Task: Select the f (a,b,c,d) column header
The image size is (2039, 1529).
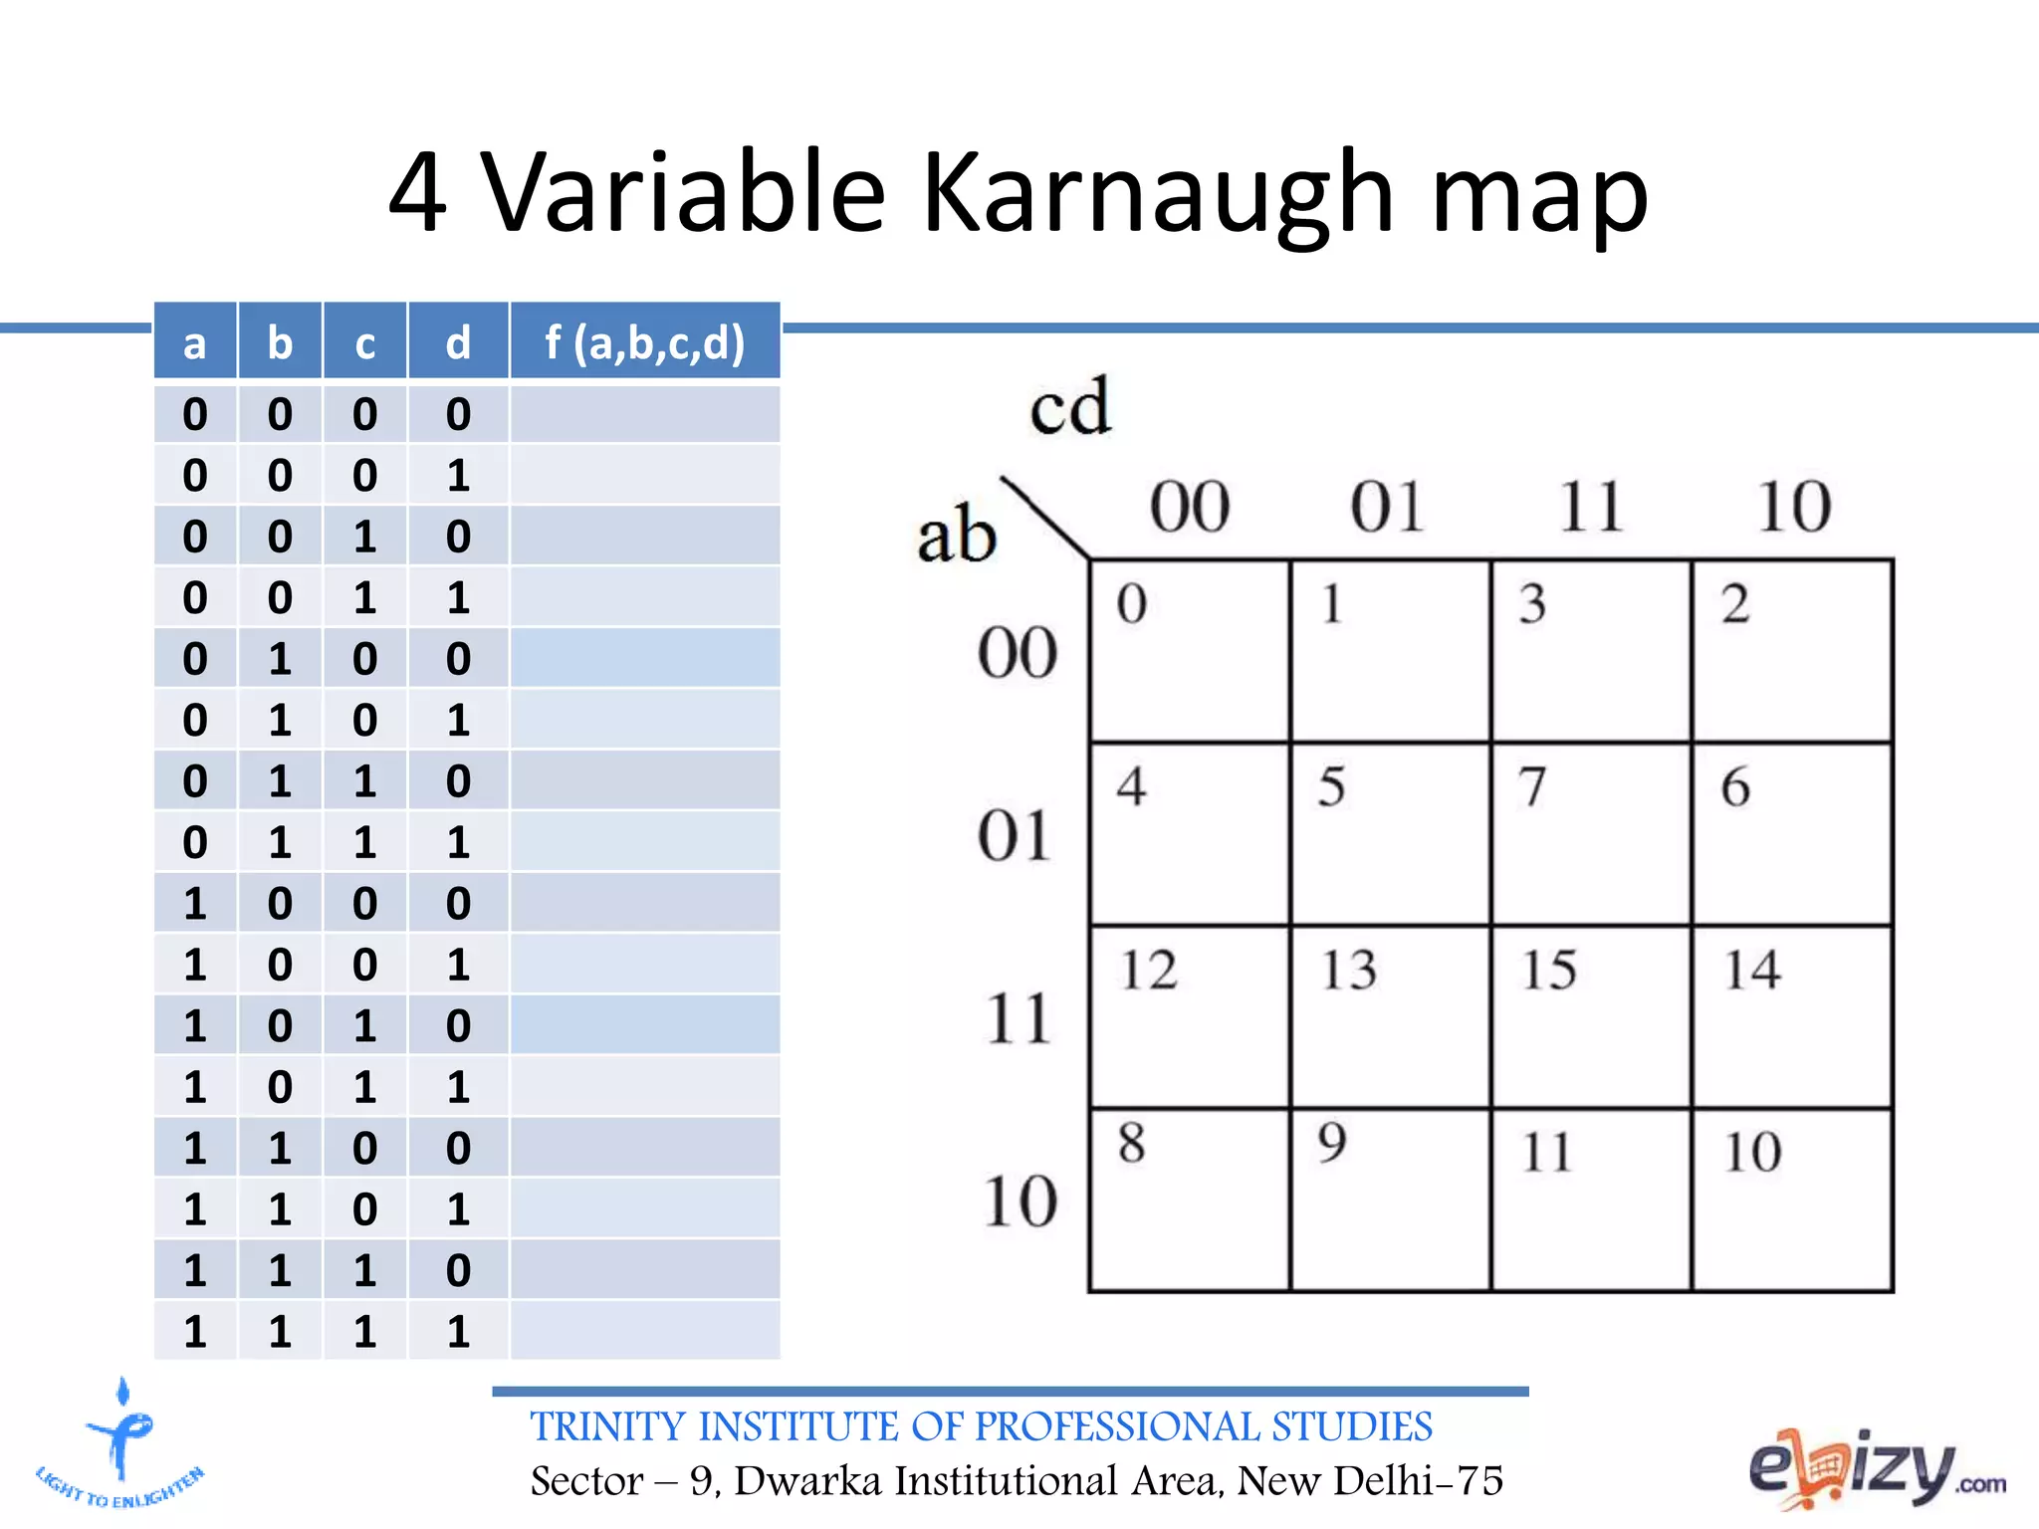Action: pyautogui.click(x=644, y=342)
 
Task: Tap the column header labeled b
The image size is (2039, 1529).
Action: pyautogui.click(x=280, y=342)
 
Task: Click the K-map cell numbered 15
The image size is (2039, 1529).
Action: pyautogui.click(x=1590, y=1016)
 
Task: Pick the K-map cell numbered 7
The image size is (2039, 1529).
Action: pyautogui.click(x=1590, y=833)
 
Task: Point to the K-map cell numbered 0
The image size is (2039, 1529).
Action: pyautogui.click(x=1190, y=650)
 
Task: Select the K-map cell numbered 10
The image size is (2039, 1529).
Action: pyautogui.click(x=1792, y=1200)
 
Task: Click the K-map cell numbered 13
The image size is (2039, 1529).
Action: pyautogui.click(x=1390, y=1016)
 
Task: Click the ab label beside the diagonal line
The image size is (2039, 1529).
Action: pyautogui.click(x=956, y=535)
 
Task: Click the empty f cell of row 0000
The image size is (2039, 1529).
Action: pyautogui.click(x=644, y=414)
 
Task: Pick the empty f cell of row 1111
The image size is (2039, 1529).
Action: pyautogui.click(x=644, y=1331)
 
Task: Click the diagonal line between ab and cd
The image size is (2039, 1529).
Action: pyautogui.click(x=1044, y=518)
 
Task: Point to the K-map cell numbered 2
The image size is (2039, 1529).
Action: pyautogui.click(x=1792, y=650)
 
